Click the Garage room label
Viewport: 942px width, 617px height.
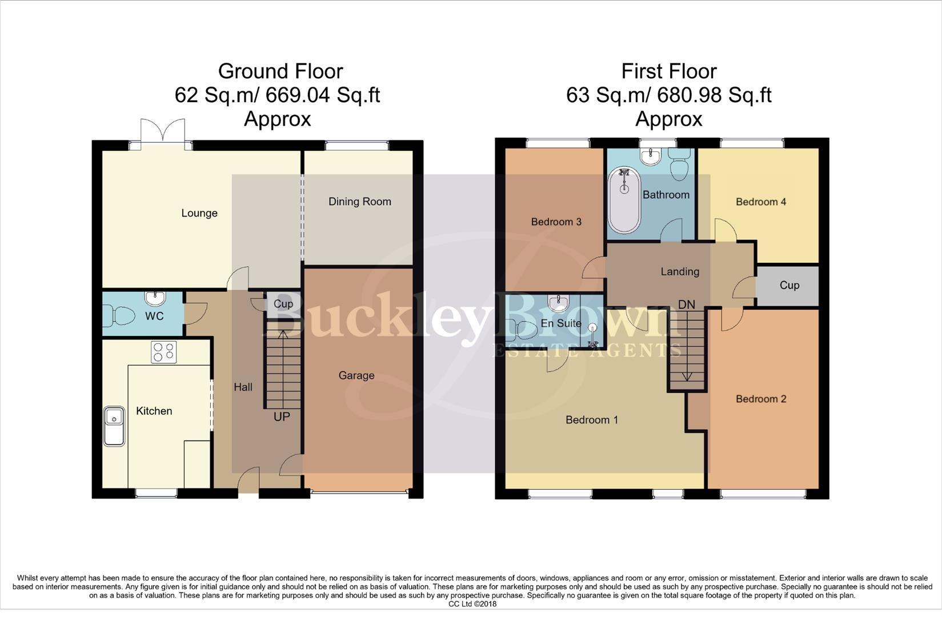click(356, 375)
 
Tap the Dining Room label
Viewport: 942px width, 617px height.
click(359, 202)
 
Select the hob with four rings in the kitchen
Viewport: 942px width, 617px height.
click(163, 352)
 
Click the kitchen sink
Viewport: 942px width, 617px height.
click(114, 426)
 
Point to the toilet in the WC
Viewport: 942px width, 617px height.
click(119, 316)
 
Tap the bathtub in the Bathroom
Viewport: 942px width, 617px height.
click(624, 200)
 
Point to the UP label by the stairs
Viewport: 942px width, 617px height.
click(282, 416)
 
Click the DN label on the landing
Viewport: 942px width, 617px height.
click(686, 305)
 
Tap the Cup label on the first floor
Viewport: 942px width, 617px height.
click(789, 285)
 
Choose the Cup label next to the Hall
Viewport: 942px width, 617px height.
click(283, 304)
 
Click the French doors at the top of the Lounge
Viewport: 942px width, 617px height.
click(163, 134)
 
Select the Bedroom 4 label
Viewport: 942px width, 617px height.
click(761, 202)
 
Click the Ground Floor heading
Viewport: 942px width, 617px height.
click(280, 71)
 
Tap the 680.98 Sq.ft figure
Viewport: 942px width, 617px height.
click(714, 95)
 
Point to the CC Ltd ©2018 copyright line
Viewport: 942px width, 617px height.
click(472, 604)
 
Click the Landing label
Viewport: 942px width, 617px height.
click(680, 272)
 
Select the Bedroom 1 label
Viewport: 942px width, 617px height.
click(592, 420)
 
